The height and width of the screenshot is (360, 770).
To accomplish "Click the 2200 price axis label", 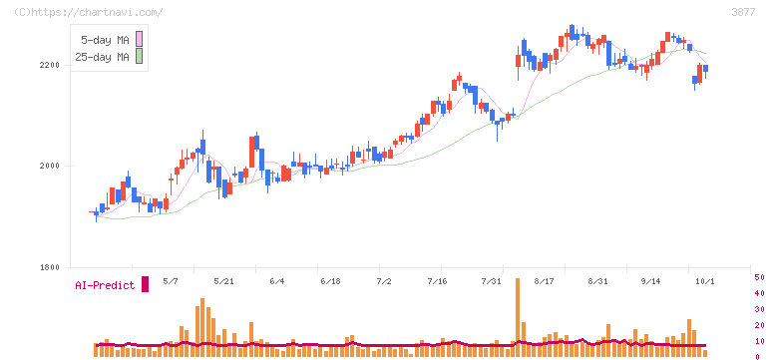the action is pyautogui.click(x=50, y=65).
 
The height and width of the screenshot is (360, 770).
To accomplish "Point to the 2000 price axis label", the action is pyautogui.click(x=50, y=166).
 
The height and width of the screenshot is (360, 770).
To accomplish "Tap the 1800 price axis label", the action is pyautogui.click(x=50, y=267).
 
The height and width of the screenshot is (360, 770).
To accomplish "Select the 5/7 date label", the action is pyautogui.click(x=171, y=281).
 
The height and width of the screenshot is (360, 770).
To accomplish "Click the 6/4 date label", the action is pyautogui.click(x=276, y=281).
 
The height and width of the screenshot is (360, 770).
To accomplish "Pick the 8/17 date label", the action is pyautogui.click(x=544, y=281).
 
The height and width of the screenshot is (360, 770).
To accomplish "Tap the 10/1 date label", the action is pyautogui.click(x=705, y=281).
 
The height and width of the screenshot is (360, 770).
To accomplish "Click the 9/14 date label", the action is pyautogui.click(x=650, y=281).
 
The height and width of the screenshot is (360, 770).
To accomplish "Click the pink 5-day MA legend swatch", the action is pyautogui.click(x=139, y=39).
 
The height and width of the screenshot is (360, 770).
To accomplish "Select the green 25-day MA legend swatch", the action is pyautogui.click(x=139, y=57).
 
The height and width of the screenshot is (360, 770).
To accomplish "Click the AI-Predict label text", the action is pyautogui.click(x=105, y=285).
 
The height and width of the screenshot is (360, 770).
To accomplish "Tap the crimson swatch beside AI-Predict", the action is pyautogui.click(x=145, y=284).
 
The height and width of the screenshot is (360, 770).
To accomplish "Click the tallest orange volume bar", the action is pyautogui.click(x=518, y=317).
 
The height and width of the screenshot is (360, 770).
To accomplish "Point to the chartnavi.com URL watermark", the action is pyautogui.click(x=88, y=12).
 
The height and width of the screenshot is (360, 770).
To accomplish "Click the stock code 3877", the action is pyautogui.click(x=743, y=12).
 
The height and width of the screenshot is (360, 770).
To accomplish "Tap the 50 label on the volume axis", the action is pyautogui.click(x=759, y=277).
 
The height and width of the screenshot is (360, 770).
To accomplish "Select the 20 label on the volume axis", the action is pyautogui.click(x=759, y=325).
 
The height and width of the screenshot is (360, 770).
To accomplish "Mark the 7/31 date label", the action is pyautogui.click(x=491, y=281).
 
